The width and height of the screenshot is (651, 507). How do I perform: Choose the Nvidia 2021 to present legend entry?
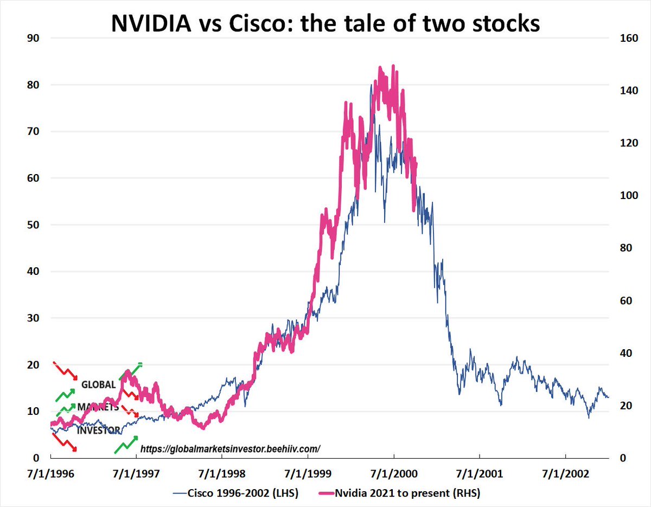click(407, 493)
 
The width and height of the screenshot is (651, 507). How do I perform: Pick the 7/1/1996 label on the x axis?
click(51, 473)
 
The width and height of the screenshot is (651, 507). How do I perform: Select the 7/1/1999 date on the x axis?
click(308, 473)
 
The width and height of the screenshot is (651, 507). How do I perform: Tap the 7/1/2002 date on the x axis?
click(566, 473)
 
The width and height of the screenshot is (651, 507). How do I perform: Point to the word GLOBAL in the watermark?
click(98, 385)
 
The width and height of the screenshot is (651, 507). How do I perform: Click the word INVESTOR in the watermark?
click(98, 431)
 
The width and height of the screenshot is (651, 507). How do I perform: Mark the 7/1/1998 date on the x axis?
click(222, 473)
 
